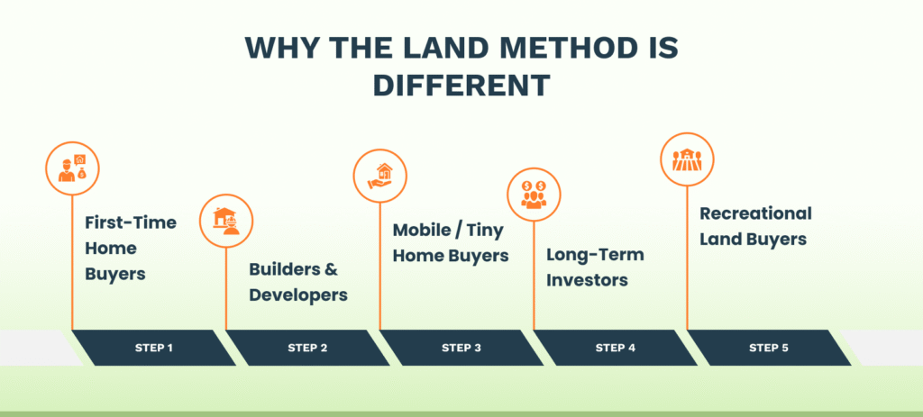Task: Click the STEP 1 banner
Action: pyautogui.click(x=153, y=348)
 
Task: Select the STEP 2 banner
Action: pyautogui.click(x=307, y=348)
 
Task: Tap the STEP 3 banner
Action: pyautogui.click(x=461, y=348)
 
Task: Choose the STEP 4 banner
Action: pyautogui.click(x=615, y=348)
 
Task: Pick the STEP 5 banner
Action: pyautogui.click(x=769, y=348)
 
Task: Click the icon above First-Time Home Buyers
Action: pyautogui.click(x=72, y=168)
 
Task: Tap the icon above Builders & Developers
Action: pyautogui.click(x=226, y=221)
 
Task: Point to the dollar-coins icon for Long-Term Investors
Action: pyautogui.click(x=534, y=195)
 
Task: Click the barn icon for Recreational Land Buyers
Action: pyautogui.click(x=687, y=159)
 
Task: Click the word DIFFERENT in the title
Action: pyautogui.click(x=461, y=85)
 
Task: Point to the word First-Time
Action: pyautogui.click(x=131, y=222)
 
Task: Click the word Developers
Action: pyautogui.click(x=298, y=295)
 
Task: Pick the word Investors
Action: pyautogui.click(x=587, y=280)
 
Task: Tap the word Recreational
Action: pyautogui.click(x=755, y=214)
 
